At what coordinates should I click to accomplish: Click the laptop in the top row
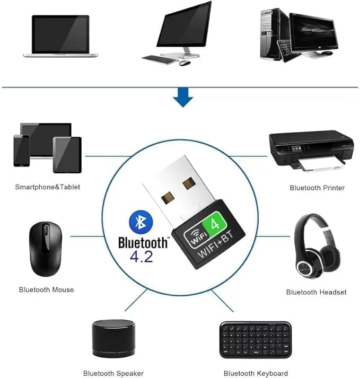click(60, 36)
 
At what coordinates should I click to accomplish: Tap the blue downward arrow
click(183, 98)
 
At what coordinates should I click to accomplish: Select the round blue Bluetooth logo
click(141, 222)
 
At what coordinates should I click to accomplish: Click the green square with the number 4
click(215, 224)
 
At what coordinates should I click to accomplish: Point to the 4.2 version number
click(142, 257)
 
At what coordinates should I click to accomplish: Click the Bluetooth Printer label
click(317, 188)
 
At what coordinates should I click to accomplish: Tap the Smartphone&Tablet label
click(48, 187)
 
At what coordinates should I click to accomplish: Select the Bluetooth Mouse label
click(46, 289)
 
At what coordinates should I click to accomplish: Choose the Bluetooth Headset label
click(316, 292)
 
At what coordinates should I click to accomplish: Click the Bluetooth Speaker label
click(113, 373)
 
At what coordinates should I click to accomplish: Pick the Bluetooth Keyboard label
click(256, 373)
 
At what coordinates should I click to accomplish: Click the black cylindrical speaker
click(113, 339)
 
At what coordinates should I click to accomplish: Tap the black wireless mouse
click(46, 249)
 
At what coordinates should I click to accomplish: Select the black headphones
click(317, 247)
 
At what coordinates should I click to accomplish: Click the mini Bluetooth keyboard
click(256, 340)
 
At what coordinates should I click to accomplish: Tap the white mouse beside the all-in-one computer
click(185, 63)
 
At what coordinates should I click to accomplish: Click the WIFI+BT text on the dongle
click(215, 244)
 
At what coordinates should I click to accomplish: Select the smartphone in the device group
click(21, 151)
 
